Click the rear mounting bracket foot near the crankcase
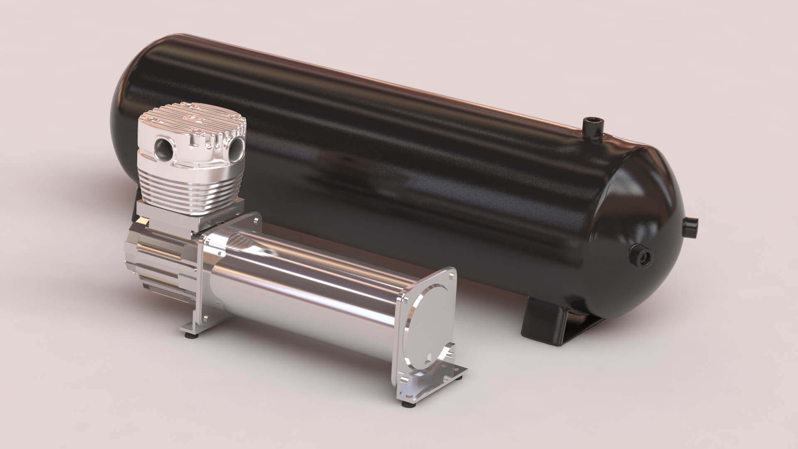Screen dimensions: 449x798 (193, 328)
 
